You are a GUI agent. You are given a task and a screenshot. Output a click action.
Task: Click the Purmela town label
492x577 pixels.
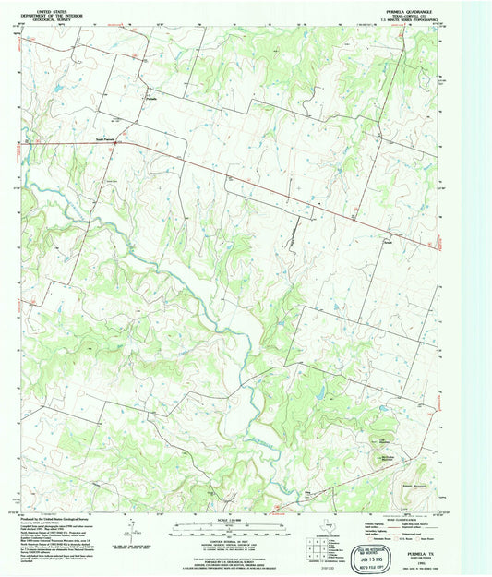click(153, 98)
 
